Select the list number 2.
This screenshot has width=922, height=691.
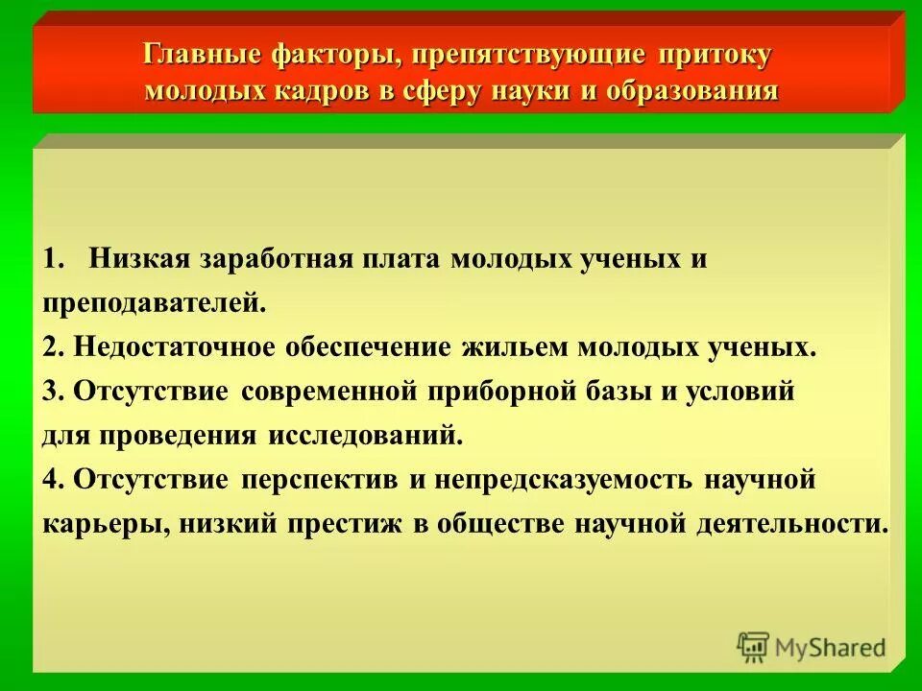click(52, 347)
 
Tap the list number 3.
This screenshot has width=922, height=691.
click(52, 392)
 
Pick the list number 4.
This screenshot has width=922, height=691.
click(52, 479)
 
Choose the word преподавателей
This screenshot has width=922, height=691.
click(153, 304)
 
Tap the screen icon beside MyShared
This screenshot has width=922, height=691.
click(753, 648)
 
